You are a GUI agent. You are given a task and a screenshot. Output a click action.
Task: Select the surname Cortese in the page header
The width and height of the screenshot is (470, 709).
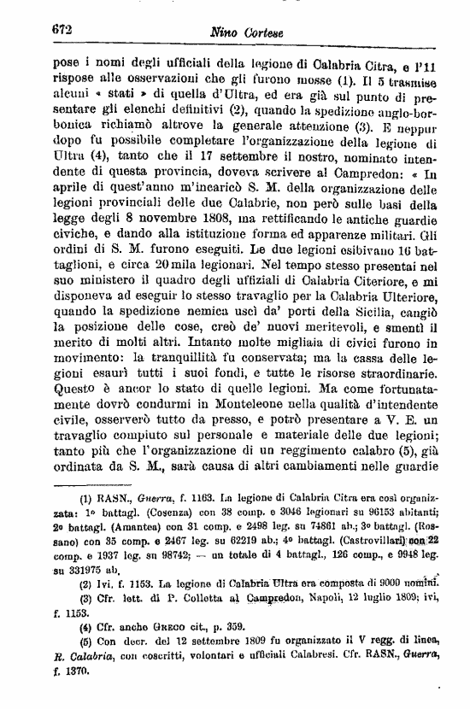click(x=267, y=33)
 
